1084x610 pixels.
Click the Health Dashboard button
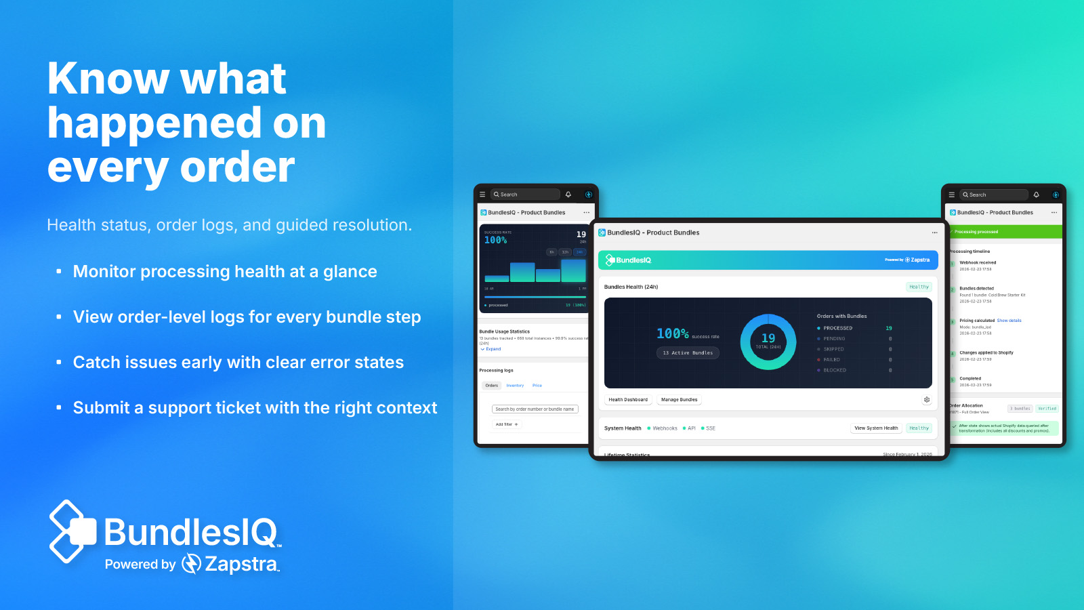[x=628, y=400]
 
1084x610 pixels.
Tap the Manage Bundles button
[x=679, y=400]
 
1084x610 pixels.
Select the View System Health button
[x=876, y=428]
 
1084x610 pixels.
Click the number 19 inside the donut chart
[x=768, y=338]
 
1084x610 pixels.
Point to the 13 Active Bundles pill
[x=688, y=353]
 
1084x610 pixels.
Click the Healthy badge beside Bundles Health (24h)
[x=919, y=287]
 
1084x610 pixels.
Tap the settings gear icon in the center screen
[x=927, y=400]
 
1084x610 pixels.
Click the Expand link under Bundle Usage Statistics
[x=493, y=349]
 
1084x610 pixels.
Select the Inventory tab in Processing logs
[x=515, y=386]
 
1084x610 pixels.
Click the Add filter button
[x=506, y=424]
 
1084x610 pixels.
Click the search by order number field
[x=535, y=409]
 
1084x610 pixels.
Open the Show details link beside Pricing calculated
[x=1009, y=321]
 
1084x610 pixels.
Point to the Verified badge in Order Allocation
[x=1047, y=409]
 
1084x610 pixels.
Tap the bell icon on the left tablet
[x=568, y=195]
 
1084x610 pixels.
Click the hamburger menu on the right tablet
[x=951, y=195]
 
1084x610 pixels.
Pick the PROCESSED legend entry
[x=837, y=328]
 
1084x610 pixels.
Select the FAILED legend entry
[x=831, y=360]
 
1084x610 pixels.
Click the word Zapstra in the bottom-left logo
[x=241, y=564]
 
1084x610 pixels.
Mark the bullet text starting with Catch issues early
[x=238, y=363]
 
